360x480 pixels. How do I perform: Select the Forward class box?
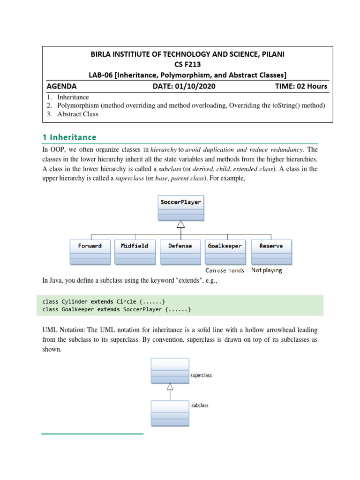click(x=90, y=252)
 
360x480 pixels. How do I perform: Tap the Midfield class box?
click(x=135, y=252)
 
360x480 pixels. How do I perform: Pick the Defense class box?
click(x=180, y=252)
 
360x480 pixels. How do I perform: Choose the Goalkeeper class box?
click(x=225, y=252)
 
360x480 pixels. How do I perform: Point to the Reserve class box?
click(x=271, y=252)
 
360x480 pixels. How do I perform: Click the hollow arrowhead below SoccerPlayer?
click(x=180, y=225)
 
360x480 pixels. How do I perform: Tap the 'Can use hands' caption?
click(x=225, y=270)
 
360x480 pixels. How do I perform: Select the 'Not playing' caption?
click(x=267, y=270)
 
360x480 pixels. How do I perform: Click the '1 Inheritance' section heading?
click(x=69, y=137)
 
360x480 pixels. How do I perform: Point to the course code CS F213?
click(x=187, y=64)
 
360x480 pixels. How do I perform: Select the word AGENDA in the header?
click(x=61, y=86)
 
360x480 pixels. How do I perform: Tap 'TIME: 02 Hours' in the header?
click(x=301, y=86)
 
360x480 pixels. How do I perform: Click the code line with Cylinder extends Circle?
click(x=104, y=301)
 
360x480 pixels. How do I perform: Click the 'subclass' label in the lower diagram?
click(x=200, y=405)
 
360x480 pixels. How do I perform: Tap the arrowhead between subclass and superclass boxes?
click(x=170, y=387)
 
